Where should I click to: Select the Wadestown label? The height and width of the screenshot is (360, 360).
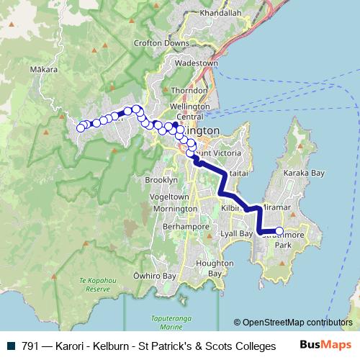(197, 63)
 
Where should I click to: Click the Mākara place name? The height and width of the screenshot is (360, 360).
(44, 71)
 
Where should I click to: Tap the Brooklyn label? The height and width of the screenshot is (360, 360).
(161, 179)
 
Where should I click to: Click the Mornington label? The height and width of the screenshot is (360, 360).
(174, 209)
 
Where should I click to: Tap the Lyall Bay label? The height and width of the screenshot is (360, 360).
(237, 234)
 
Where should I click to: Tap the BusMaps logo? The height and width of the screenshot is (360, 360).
(326, 345)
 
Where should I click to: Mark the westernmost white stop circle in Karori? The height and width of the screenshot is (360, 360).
(81, 128)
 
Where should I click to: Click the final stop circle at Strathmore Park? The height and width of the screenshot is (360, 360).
(279, 231)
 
